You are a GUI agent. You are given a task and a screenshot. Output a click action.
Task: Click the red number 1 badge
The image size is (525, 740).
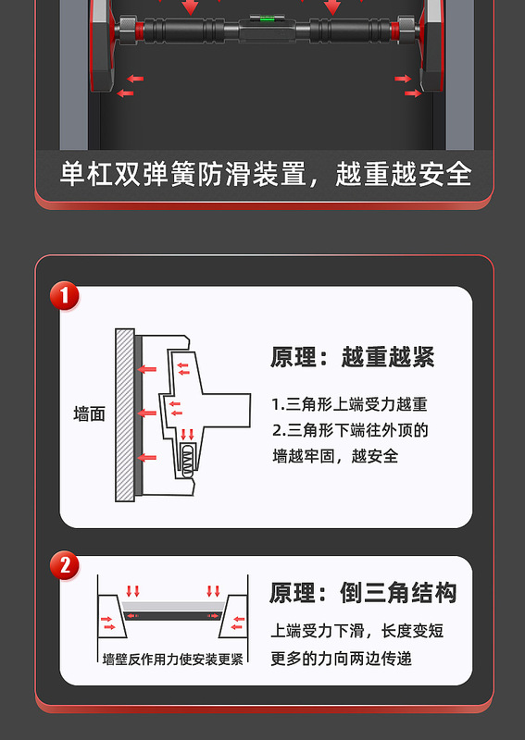[x=64, y=296]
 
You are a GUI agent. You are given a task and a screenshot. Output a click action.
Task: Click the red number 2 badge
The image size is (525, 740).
[x=64, y=565]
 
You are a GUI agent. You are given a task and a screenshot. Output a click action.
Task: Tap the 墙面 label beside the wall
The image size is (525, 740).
[x=89, y=414]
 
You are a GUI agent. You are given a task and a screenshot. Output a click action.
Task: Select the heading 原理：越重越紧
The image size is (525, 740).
[x=352, y=357]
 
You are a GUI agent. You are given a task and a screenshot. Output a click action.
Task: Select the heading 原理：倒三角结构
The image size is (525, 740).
[x=363, y=593]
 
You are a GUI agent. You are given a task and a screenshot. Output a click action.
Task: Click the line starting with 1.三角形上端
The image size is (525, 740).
[x=349, y=404]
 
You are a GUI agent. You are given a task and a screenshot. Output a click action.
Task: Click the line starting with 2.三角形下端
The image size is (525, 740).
[x=350, y=430]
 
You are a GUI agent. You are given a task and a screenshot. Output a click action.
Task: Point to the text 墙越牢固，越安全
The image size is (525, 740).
[x=335, y=456]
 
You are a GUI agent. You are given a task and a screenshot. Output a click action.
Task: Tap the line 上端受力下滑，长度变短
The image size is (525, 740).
[x=356, y=632]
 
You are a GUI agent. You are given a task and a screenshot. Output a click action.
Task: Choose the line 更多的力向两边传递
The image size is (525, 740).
[x=341, y=658]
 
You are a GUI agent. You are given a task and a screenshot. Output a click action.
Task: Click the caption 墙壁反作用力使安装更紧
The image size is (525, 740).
[x=173, y=659]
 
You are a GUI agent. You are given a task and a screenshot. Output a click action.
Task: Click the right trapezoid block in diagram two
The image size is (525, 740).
[x=234, y=619]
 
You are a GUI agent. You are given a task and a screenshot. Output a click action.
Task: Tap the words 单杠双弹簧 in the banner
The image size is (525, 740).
[x=115, y=174]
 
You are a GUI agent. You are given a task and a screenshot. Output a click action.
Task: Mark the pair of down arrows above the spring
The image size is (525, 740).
[x=188, y=434]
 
